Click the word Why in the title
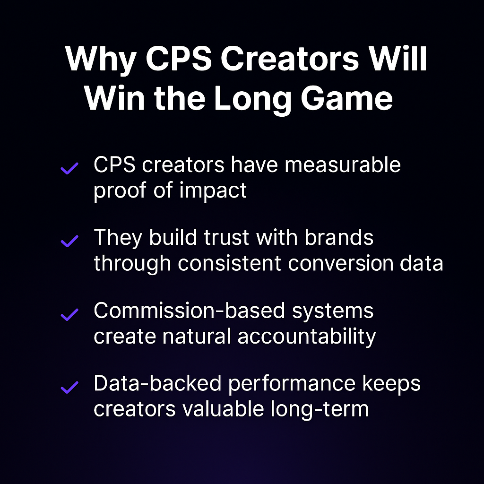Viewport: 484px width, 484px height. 101,60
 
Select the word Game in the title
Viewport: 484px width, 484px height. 346,99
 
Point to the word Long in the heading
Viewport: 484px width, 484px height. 252,100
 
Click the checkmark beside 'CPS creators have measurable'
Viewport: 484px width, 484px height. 69,168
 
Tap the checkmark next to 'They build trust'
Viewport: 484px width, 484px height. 69,241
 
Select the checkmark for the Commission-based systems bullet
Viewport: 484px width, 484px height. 69,314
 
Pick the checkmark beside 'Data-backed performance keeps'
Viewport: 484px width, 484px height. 69,388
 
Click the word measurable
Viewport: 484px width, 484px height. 343,165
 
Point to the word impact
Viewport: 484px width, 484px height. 213,191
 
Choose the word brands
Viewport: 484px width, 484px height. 339,238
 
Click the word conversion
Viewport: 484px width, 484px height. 340,264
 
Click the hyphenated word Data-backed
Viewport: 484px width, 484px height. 157,384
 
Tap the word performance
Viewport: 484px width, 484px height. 292,385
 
